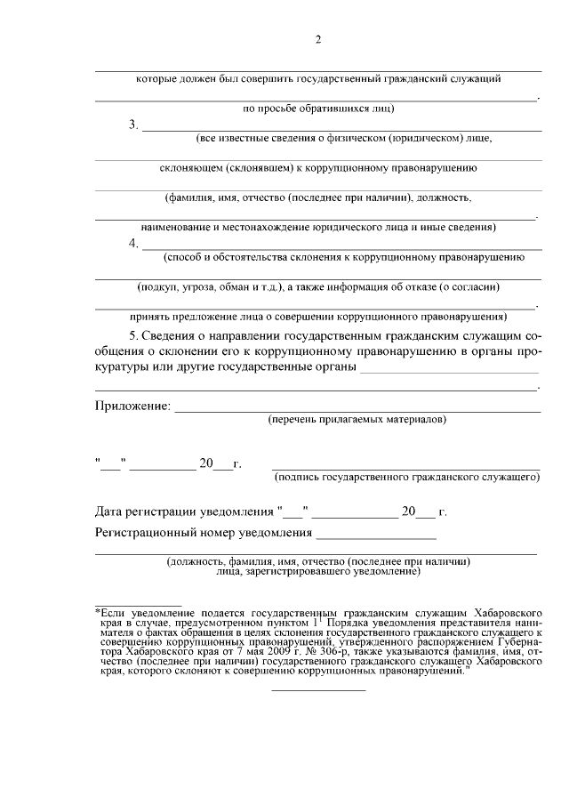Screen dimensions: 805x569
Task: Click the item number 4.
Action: click(133, 244)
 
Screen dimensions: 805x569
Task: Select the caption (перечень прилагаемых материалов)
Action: click(357, 419)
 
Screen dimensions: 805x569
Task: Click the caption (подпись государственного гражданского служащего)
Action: click(407, 478)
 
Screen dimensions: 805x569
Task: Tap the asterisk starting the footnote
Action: click(98, 613)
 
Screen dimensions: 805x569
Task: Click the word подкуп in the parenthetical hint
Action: click(157, 287)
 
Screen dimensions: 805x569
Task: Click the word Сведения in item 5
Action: click(175, 337)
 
